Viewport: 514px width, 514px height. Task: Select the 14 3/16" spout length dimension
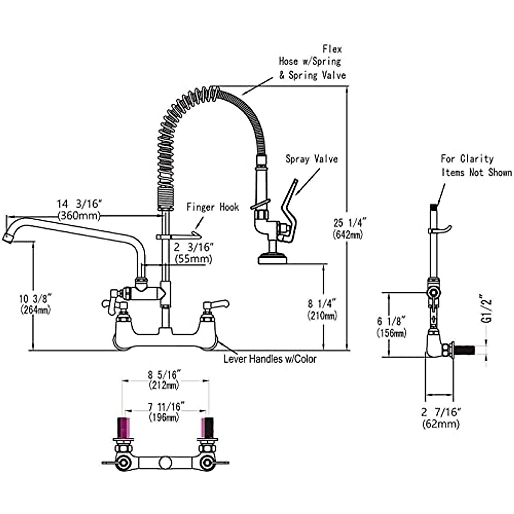pos(79,209)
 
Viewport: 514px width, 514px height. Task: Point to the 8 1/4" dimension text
pos(322,309)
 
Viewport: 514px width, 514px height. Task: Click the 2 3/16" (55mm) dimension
pos(193,252)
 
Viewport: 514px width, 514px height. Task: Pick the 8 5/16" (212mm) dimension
pos(164,380)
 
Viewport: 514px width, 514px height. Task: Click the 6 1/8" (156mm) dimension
pos(391,326)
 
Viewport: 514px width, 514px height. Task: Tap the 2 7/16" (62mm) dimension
pos(441,418)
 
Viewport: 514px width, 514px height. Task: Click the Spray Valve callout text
pos(312,159)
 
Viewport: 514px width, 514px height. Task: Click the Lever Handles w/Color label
pos(270,359)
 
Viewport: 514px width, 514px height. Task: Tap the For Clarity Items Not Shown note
pos(476,165)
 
